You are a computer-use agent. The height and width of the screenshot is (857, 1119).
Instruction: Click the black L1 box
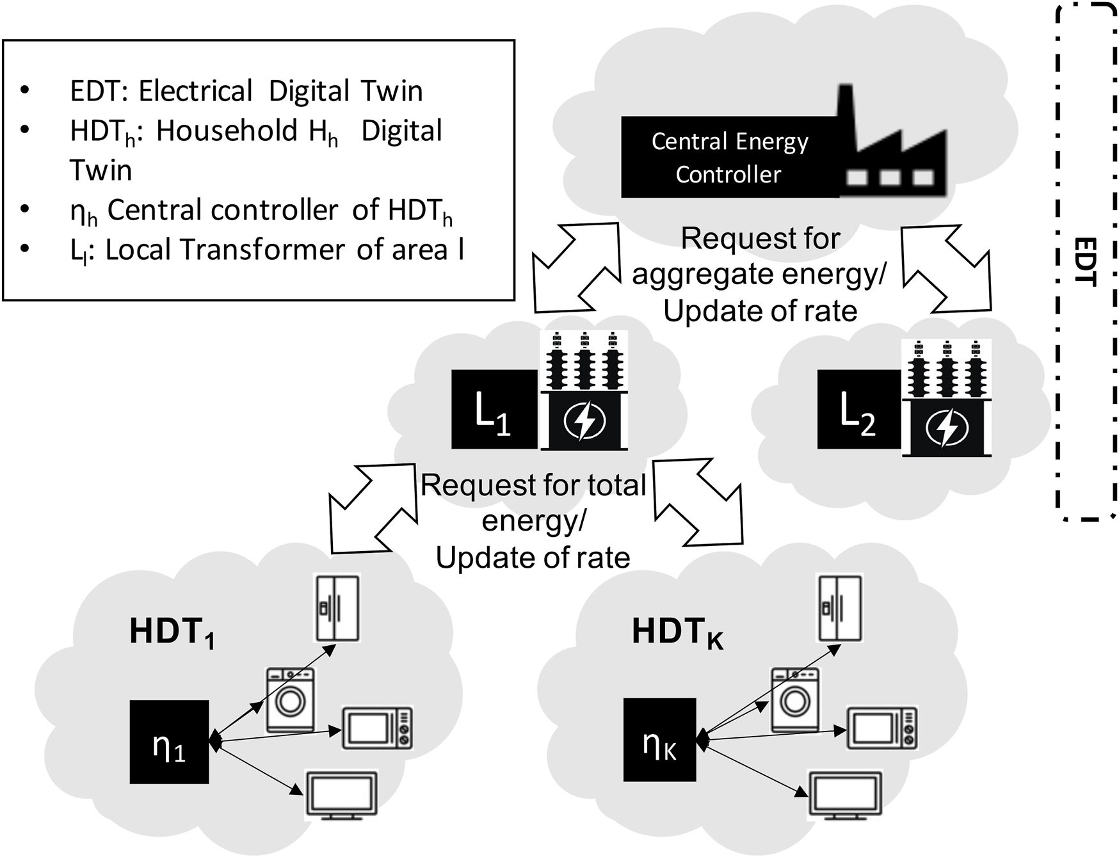click(x=494, y=410)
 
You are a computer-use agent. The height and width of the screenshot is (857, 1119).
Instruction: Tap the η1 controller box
click(x=169, y=742)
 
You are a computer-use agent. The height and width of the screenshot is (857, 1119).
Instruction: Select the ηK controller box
click(x=659, y=740)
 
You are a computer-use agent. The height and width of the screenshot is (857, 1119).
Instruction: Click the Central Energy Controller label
click(x=730, y=157)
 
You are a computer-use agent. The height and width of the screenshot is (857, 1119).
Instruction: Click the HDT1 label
click(x=172, y=632)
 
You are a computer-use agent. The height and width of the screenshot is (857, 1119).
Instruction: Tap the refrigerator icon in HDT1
click(x=337, y=608)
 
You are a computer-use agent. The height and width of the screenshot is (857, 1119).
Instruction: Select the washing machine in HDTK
click(x=794, y=700)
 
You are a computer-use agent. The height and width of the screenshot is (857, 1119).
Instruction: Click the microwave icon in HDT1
click(x=377, y=728)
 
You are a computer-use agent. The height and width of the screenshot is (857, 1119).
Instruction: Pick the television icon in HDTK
click(x=846, y=796)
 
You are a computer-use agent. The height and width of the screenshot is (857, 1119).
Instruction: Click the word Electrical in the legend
click(x=195, y=91)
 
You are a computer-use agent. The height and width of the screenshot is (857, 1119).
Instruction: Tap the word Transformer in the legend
click(x=262, y=250)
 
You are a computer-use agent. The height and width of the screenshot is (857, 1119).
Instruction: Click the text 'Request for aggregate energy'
click(x=760, y=256)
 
